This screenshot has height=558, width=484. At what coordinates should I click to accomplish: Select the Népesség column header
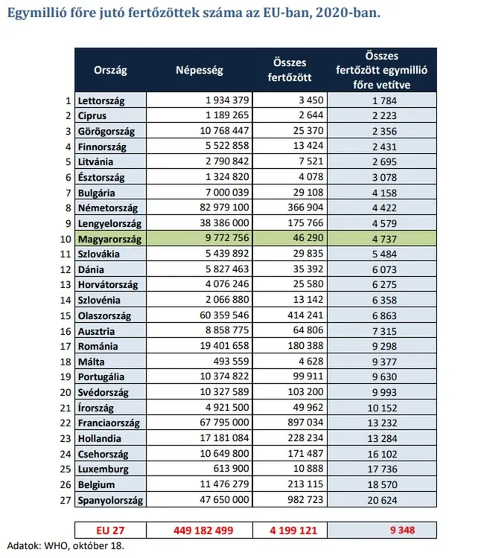pyautogui.click(x=199, y=70)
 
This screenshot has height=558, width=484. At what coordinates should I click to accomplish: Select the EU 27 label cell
pyautogui.click(x=111, y=530)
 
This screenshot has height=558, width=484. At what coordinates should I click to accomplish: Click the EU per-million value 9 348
pyautogui.click(x=403, y=530)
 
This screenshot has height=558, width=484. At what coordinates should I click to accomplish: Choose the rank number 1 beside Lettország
pyautogui.click(x=68, y=100)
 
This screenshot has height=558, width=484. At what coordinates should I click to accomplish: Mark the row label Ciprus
pyautogui.click(x=92, y=116)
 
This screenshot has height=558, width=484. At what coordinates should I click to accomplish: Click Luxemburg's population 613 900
pyautogui.click(x=227, y=469)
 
